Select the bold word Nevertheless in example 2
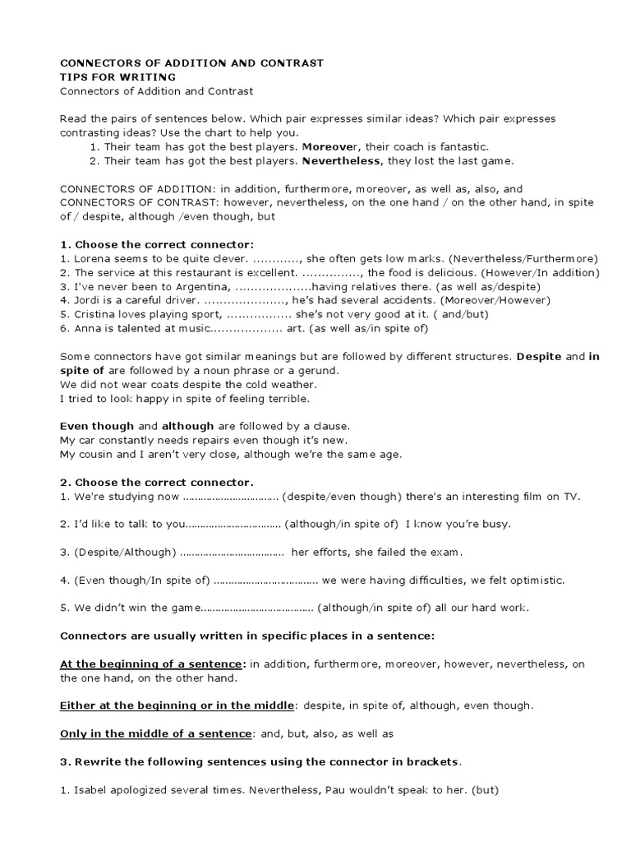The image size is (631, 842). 341,160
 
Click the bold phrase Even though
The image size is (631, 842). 97,426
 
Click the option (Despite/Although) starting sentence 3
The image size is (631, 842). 126,552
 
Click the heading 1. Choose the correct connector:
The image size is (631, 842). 157,244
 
